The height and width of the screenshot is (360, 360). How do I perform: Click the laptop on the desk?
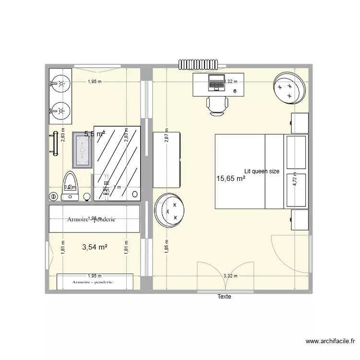(x=216, y=83)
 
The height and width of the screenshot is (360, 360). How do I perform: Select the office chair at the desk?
(x=217, y=105)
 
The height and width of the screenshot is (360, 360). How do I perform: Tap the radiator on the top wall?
(x=198, y=64)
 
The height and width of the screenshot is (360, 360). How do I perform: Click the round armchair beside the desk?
(x=289, y=87)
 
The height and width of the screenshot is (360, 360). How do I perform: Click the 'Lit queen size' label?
(x=262, y=171)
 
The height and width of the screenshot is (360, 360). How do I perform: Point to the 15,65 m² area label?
(x=231, y=179)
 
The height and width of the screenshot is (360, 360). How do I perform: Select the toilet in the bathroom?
(x=70, y=185)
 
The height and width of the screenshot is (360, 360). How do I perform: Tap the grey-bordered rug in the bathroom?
(x=82, y=150)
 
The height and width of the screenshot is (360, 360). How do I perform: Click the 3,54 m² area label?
(x=95, y=248)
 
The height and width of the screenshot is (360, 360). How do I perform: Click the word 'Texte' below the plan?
(x=224, y=297)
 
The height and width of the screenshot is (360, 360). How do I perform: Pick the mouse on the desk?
(x=235, y=90)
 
